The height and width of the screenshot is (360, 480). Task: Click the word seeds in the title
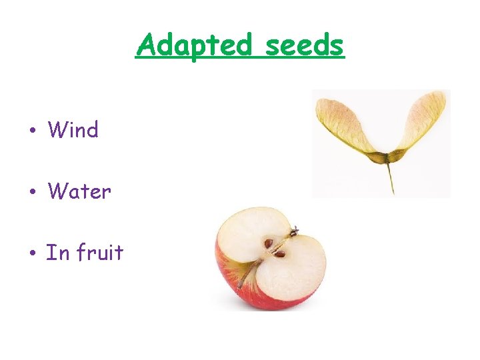305,45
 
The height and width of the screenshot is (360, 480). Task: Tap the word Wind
73,130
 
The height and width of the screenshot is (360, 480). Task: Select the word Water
79,191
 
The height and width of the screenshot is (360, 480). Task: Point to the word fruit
100,252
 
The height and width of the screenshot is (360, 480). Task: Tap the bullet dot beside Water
32,193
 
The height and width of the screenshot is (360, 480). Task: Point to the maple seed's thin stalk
390,177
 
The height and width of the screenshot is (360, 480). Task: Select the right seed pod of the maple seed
398,157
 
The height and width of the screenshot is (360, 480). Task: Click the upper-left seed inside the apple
269,244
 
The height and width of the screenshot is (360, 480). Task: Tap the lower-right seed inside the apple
281,254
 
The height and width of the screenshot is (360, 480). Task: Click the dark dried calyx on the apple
293,231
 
